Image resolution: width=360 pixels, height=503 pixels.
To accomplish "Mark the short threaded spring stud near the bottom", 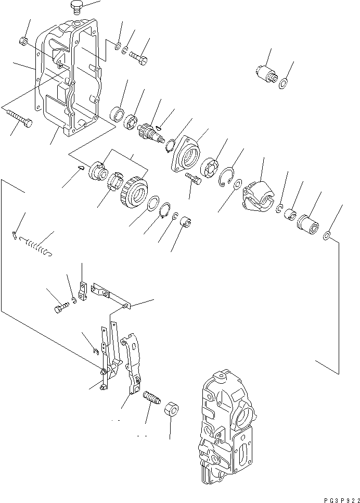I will pyautogui.click(x=152, y=401).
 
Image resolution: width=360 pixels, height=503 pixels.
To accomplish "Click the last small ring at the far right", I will pyautogui.click(x=328, y=237).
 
